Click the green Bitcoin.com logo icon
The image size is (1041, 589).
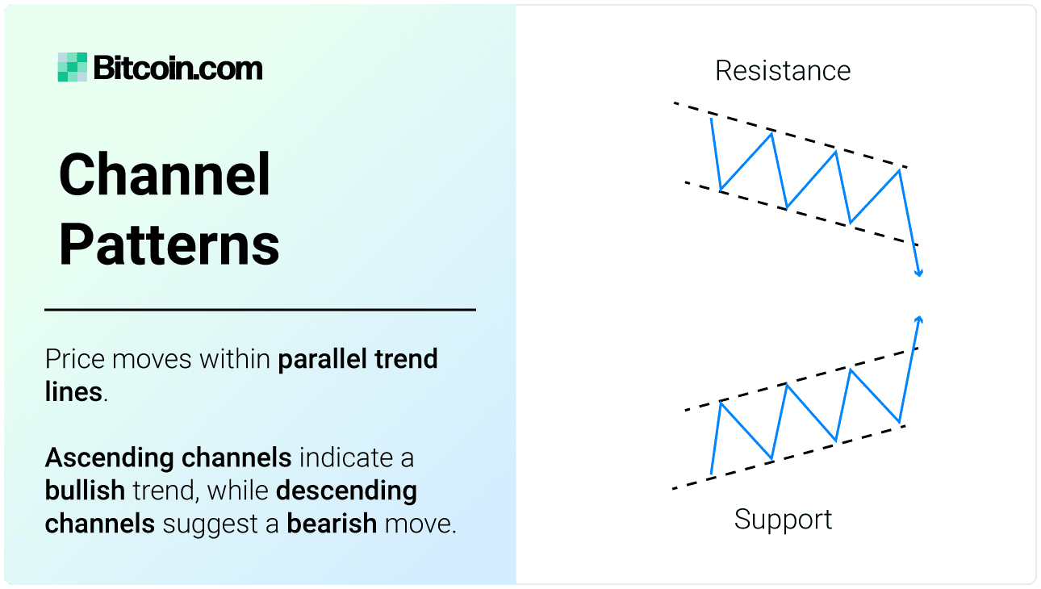pyautogui.click(x=72, y=68)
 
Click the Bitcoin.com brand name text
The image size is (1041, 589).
pyautogui.click(x=178, y=68)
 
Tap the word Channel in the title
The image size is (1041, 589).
pyautogui.click(x=165, y=175)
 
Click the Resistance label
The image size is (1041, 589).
pyautogui.click(x=783, y=71)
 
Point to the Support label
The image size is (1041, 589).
pyautogui.click(x=783, y=519)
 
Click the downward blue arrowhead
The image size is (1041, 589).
pyautogui.click(x=918, y=274)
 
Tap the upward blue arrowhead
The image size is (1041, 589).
pyautogui.click(x=919, y=320)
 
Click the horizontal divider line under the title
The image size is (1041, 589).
pyautogui.click(x=260, y=309)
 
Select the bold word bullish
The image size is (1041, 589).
pyautogui.click(x=85, y=491)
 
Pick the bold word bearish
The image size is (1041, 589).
pyautogui.click(x=332, y=524)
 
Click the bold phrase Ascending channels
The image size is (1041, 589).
pyautogui.click(x=168, y=458)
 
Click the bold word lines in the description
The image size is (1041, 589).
pyautogui.click(x=73, y=392)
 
